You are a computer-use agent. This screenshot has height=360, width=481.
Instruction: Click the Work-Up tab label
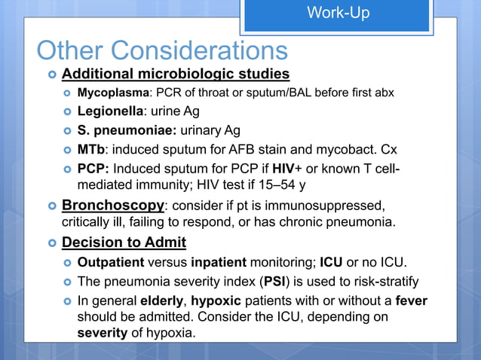[x=339, y=14]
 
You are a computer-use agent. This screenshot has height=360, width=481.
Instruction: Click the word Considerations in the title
[x=202, y=50]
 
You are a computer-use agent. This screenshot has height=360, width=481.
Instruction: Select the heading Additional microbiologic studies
[x=175, y=75]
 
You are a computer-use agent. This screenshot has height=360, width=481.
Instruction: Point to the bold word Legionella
[x=110, y=111]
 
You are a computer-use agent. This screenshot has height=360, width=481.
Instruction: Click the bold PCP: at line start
[x=94, y=166]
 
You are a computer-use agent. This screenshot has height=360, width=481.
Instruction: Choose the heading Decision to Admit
[x=124, y=243]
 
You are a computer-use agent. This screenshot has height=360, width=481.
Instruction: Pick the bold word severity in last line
[x=103, y=332]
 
